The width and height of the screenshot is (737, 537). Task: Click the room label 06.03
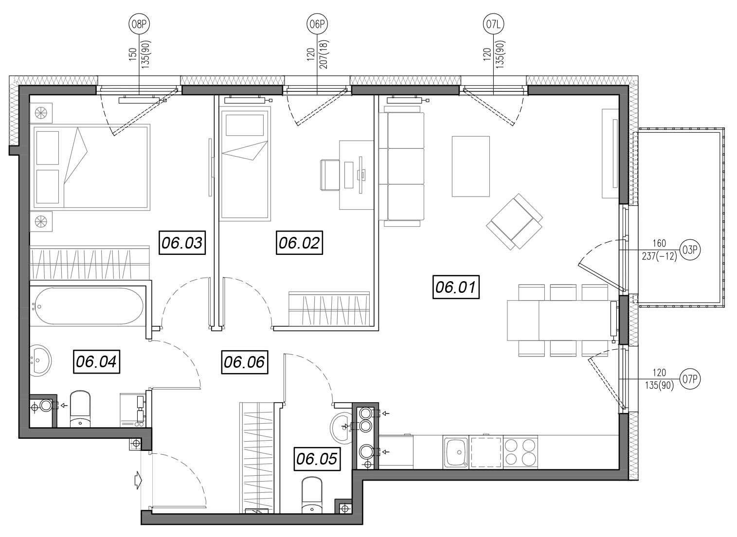[182, 243]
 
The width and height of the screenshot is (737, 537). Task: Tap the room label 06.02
[299, 243]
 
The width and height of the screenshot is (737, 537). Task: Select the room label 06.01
[456, 287]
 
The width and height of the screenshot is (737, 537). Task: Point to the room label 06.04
[96, 361]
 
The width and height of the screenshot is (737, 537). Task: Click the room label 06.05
[317, 459]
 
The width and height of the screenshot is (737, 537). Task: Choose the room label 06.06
[245, 362]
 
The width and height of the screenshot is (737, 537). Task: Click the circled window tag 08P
[139, 24]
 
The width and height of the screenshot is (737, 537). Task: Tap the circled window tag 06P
[318, 24]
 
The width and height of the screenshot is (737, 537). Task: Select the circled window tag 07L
[494, 24]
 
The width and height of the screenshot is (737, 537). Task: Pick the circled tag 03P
[690, 250]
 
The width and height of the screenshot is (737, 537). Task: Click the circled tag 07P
[690, 379]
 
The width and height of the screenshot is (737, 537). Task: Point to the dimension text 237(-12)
[659, 256]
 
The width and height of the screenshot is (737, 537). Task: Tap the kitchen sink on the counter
[456, 451]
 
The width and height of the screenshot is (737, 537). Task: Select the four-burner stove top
[521, 451]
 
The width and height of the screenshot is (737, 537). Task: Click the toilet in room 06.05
[311, 496]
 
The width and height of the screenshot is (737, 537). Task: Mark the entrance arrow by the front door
[138, 481]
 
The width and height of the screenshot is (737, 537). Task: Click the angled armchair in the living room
[514, 221]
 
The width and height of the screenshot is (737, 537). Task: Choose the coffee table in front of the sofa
[471, 166]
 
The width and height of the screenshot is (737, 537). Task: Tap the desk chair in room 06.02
[330, 175]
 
